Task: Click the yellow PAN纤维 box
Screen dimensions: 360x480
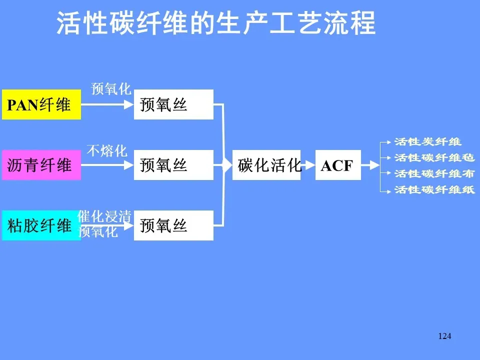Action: click(x=41, y=104)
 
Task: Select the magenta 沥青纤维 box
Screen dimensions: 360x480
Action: click(x=41, y=164)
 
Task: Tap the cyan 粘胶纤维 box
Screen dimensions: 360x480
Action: click(x=41, y=225)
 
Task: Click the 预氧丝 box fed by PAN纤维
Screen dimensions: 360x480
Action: click(x=173, y=104)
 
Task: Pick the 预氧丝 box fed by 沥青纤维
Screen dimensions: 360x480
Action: click(x=173, y=164)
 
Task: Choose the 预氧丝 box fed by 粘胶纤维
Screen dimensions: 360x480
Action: click(x=173, y=225)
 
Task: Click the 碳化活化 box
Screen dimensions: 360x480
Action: click(x=267, y=165)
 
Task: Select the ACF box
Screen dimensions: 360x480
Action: click(x=337, y=165)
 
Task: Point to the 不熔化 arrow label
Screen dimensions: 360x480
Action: click(x=107, y=150)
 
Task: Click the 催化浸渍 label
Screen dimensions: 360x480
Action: click(x=105, y=216)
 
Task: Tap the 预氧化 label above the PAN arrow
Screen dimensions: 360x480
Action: click(x=110, y=89)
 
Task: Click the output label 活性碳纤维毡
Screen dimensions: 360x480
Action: click(x=434, y=158)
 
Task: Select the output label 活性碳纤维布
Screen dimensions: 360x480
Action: click(x=434, y=174)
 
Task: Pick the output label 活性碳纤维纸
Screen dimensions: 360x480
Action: click(x=434, y=190)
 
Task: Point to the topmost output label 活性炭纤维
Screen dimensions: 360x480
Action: click(x=427, y=142)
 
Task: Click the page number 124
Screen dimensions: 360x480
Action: click(x=444, y=336)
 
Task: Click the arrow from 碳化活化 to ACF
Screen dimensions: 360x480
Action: click(x=308, y=165)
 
